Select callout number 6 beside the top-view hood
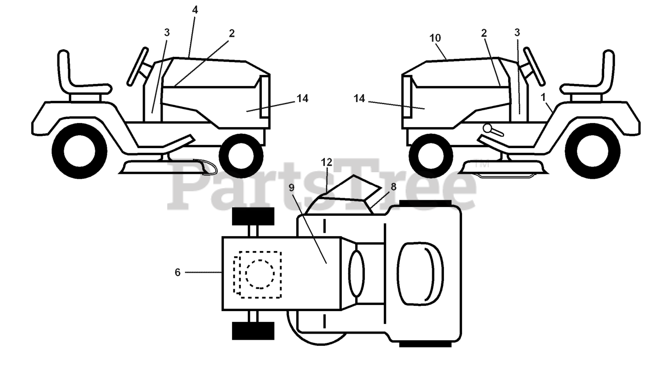coord(178,273)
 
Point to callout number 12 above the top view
coord(327,162)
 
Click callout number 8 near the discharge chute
coord(393,187)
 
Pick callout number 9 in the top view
coord(292,188)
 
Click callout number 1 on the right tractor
coord(543,96)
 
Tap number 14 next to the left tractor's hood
coord(302,98)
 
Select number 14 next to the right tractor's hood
coord(359,98)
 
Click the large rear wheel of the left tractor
coord(80,151)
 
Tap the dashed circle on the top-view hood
coord(260,274)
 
